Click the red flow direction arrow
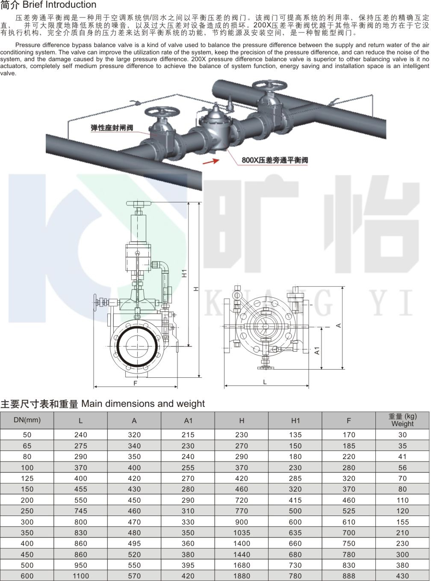(211, 160)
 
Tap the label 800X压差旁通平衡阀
(275, 160)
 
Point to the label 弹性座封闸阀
(112, 128)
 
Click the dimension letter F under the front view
(136, 383)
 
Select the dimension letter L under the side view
(265, 382)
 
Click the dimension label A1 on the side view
(317, 350)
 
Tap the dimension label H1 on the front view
(185, 273)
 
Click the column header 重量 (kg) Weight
(402, 420)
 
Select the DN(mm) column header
(27, 420)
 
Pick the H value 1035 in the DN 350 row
(242, 533)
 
